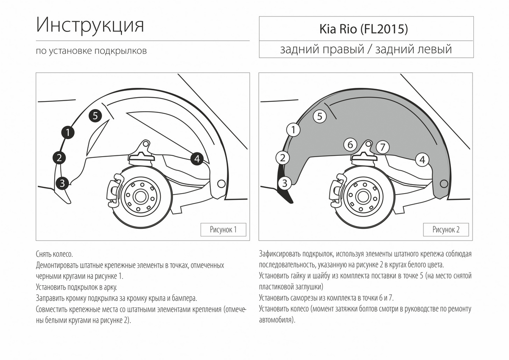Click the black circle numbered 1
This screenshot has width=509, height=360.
[x=68, y=132]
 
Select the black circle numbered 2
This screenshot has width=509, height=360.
[x=59, y=158]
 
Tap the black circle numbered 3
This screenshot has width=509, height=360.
[x=62, y=183]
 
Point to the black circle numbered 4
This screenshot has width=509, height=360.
[x=196, y=159]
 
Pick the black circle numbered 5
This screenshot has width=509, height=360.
[x=95, y=115]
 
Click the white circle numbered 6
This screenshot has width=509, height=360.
[x=350, y=145]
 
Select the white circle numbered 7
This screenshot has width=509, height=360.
[x=383, y=147]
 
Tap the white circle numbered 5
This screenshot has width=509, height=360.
[x=319, y=116]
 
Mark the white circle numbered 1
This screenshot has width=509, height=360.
[x=293, y=130]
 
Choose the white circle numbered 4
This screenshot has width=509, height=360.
[x=422, y=160]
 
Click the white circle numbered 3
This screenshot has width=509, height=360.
[x=285, y=183]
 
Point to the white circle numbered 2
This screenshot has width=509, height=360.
[x=282, y=158]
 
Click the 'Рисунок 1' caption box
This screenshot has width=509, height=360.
[x=223, y=230]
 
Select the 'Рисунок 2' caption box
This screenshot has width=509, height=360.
[x=446, y=230]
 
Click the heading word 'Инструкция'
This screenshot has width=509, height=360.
[x=90, y=25]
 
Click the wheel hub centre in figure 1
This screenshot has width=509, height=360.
[x=140, y=196]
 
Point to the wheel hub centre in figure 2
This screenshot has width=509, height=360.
[x=362, y=196]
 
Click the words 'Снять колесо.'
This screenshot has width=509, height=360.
[x=55, y=254]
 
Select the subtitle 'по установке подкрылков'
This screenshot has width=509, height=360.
[x=91, y=51]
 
